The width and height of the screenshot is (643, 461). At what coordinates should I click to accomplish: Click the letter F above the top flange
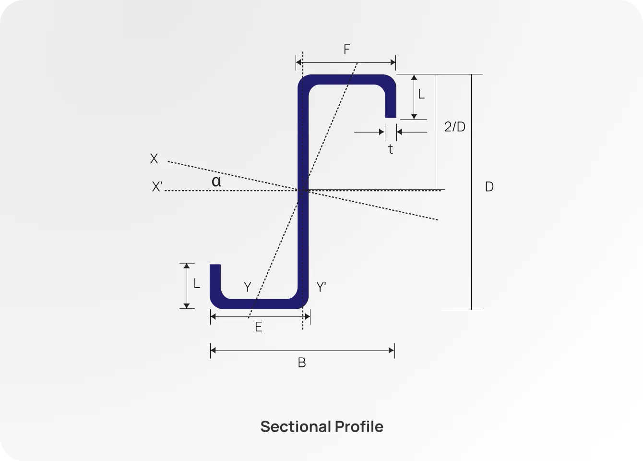point(347,49)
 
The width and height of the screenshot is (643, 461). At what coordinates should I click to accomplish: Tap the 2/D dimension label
point(455,127)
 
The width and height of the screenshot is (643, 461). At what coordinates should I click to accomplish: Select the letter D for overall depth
point(489,187)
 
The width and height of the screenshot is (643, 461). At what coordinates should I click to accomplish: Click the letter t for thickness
point(391,149)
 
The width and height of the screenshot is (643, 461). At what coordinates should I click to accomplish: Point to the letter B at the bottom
point(302,363)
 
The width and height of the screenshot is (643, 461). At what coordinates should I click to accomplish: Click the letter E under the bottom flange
point(258,327)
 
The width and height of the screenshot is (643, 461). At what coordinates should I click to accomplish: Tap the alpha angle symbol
point(216,181)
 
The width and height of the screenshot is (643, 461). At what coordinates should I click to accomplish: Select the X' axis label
point(157,187)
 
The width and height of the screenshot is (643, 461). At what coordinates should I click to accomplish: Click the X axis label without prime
point(154,158)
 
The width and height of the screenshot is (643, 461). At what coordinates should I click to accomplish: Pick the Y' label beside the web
point(321,287)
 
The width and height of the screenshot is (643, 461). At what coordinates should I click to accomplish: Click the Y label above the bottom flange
point(248,287)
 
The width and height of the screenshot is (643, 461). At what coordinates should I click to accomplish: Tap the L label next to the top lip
point(421,94)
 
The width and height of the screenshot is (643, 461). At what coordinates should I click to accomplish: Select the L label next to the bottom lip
point(197,283)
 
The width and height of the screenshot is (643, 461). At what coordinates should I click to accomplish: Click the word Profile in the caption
point(359,426)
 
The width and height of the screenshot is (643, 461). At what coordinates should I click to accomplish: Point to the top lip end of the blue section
point(391,117)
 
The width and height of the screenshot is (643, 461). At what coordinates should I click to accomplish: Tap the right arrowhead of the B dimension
point(392,351)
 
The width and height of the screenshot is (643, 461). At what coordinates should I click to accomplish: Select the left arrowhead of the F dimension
point(299,62)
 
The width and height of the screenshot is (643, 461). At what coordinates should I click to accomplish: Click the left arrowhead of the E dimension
point(213,317)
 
